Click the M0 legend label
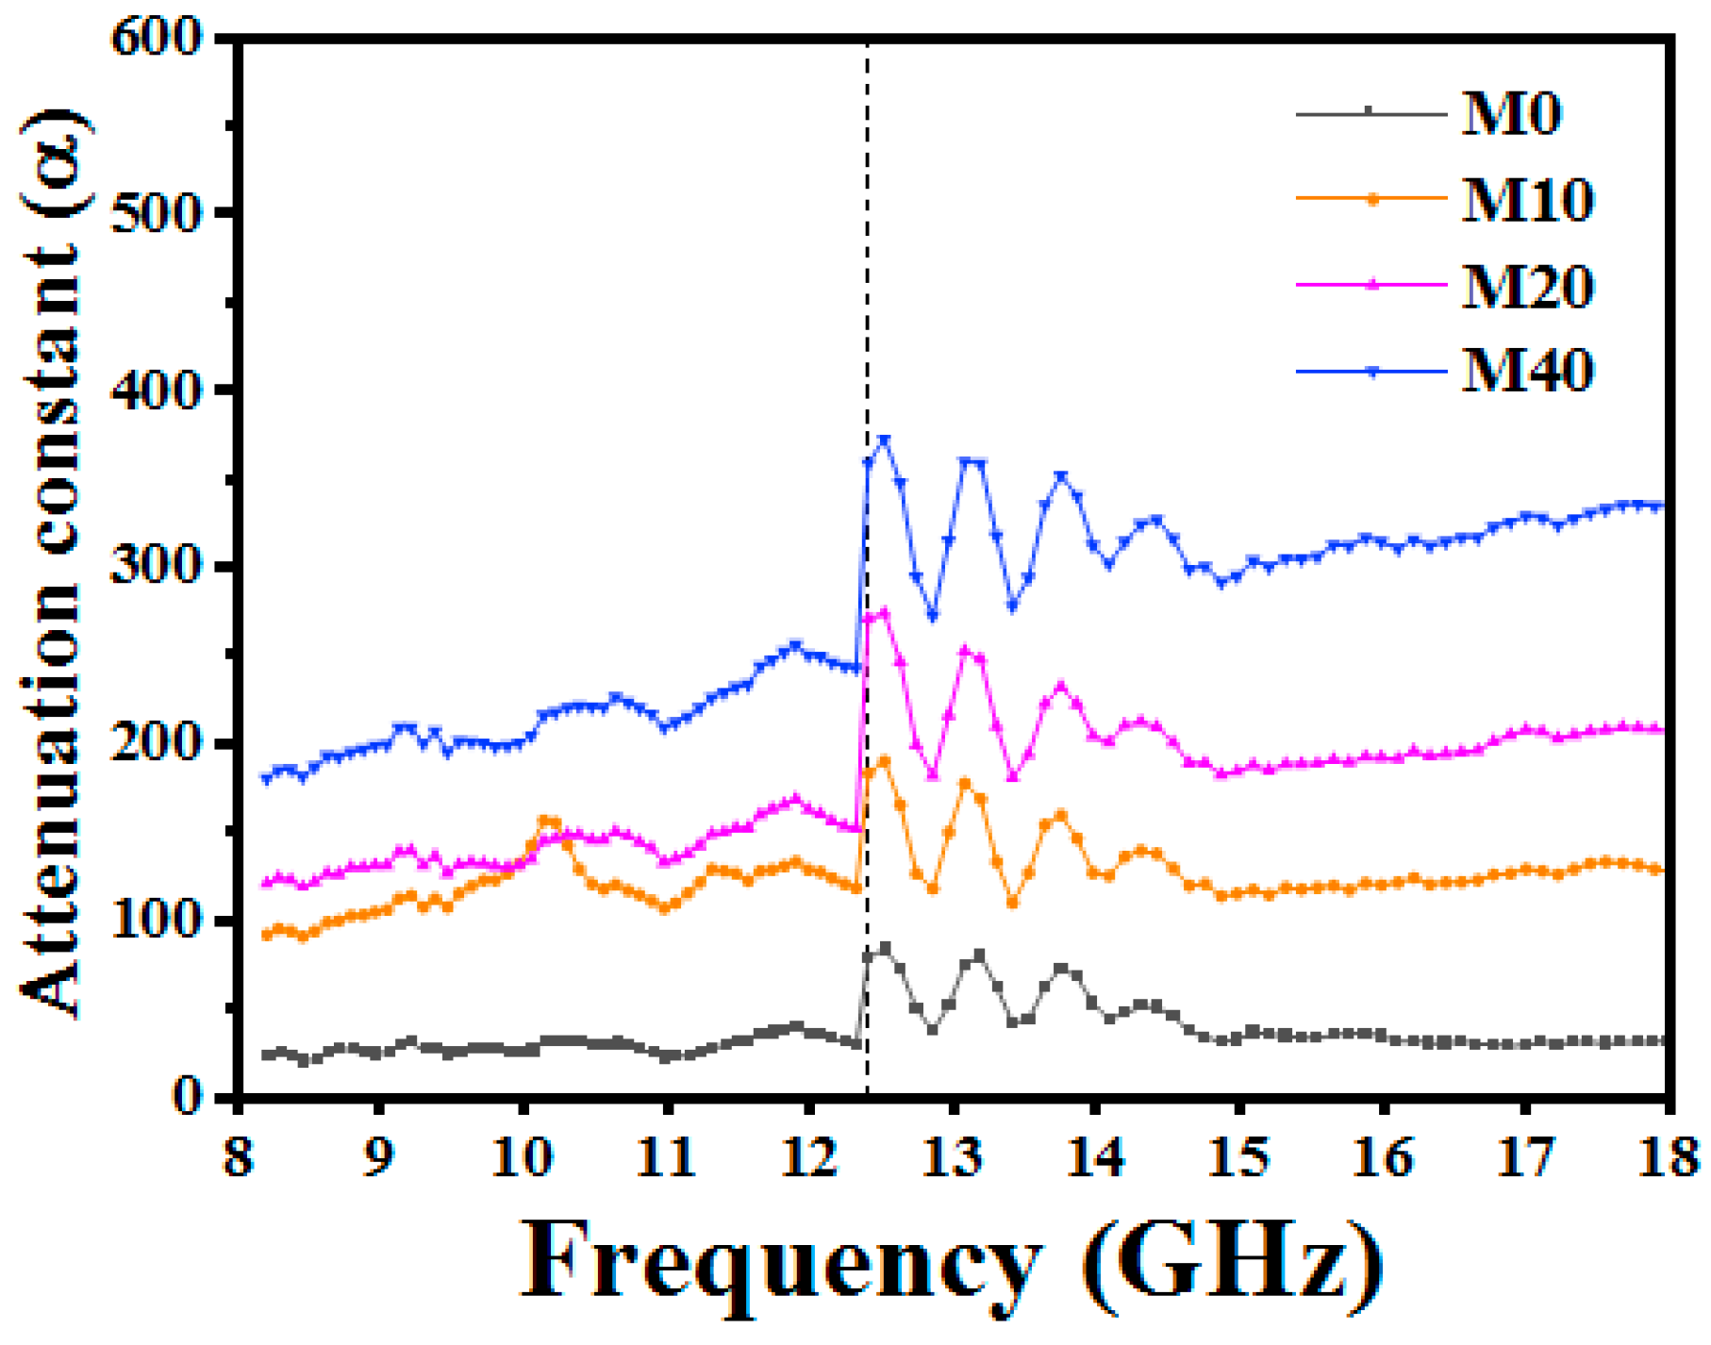pyautogui.click(x=1511, y=114)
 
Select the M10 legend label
pyautogui.click(x=1527, y=200)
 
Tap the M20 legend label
pyautogui.click(x=1527, y=286)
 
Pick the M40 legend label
pyautogui.click(x=1527, y=370)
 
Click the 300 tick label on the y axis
pyautogui.click(x=157, y=566)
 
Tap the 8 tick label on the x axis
pyautogui.click(x=238, y=1156)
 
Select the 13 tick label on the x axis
pyautogui.click(x=953, y=1156)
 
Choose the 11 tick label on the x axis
pyautogui.click(x=666, y=1156)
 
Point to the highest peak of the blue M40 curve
pyautogui.click(x=884, y=440)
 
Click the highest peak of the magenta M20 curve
pyautogui.click(x=884, y=612)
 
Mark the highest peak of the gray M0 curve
pyautogui.click(x=885, y=947)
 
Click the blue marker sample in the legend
pyautogui.click(x=1372, y=372)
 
